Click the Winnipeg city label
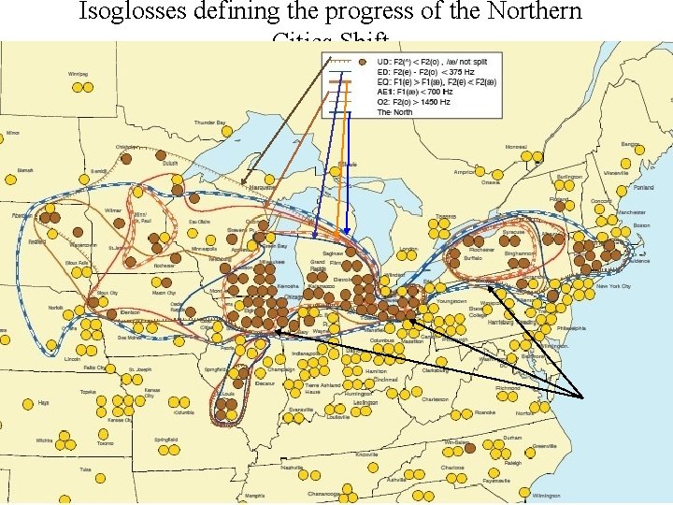click(x=78, y=73)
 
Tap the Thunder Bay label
click(x=209, y=123)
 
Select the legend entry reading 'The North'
click(x=394, y=112)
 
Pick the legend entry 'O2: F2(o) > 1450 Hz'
click(x=412, y=102)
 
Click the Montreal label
click(x=516, y=147)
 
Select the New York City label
click(x=613, y=286)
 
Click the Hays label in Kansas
click(x=43, y=402)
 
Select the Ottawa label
click(x=491, y=182)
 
